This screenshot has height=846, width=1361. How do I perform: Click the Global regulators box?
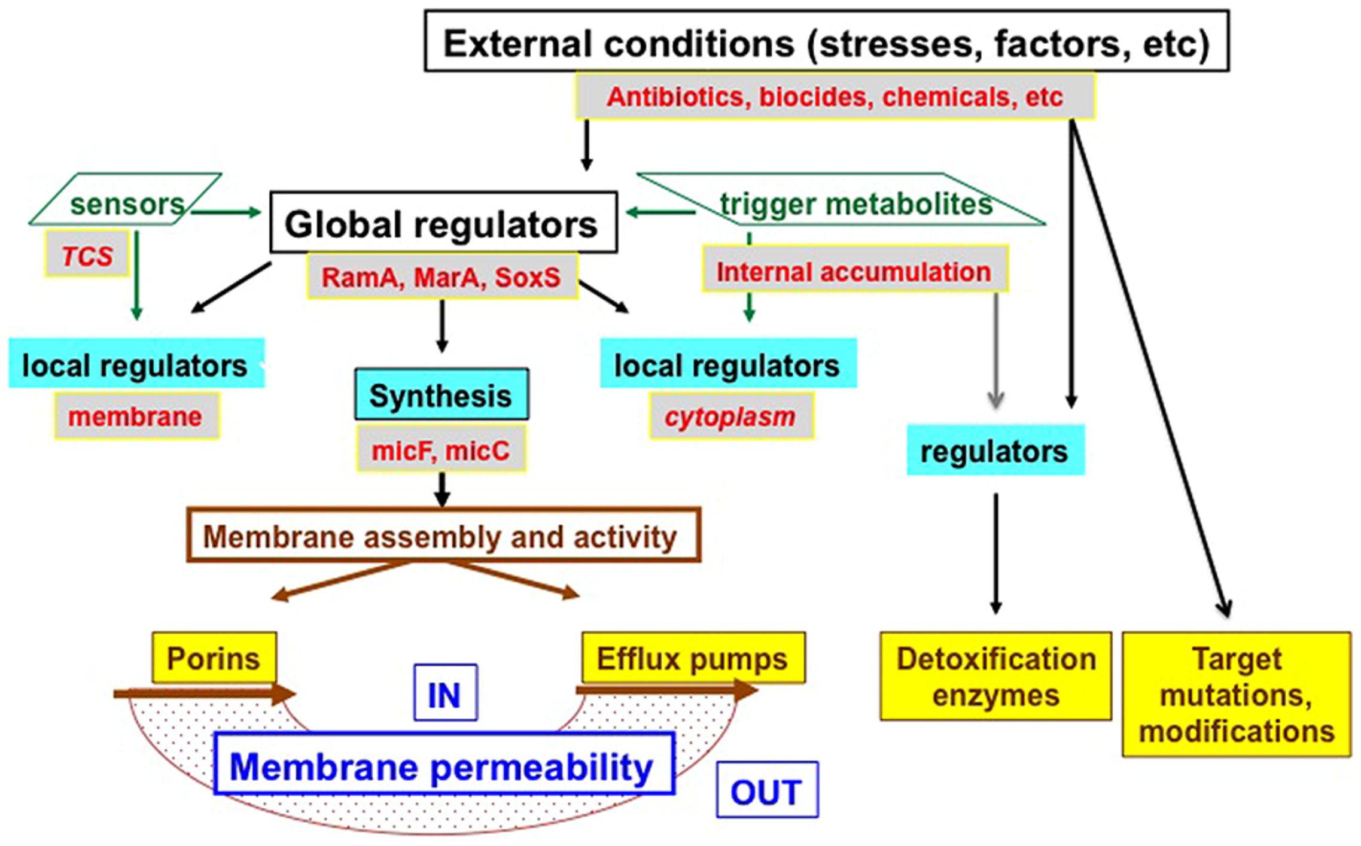coord(443,223)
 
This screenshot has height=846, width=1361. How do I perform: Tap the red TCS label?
coord(87,256)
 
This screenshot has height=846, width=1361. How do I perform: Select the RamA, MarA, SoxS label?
coord(442,276)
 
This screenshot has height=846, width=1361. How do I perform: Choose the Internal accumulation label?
coord(854,271)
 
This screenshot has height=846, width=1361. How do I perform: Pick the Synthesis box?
coord(441,395)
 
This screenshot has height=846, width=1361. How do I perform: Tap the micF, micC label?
coord(441,450)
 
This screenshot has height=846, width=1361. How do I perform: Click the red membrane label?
coord(136,416)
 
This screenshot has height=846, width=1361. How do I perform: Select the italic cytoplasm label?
coord(731,416)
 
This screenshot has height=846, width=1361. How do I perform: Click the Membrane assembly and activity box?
coord(443,535)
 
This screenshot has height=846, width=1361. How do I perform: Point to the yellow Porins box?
coord(214,658)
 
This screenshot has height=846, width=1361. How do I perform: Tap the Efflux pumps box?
coord(693,658)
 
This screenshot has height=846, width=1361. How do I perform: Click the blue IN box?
coord(445,693)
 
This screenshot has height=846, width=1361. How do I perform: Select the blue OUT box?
coord(767,790)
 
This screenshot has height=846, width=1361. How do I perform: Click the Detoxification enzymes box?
coord(995,676)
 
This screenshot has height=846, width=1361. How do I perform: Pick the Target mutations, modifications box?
coord(1236,694)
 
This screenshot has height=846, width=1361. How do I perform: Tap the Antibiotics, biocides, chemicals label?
coord(835,96)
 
